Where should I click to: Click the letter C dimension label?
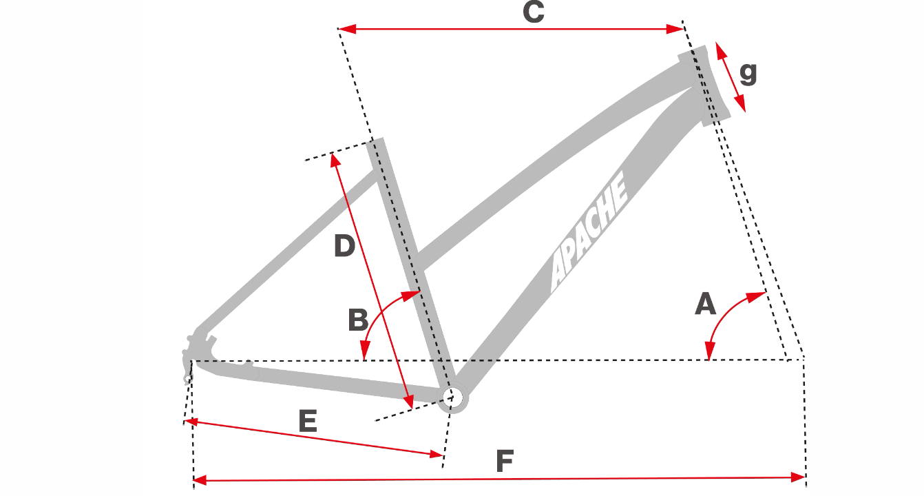(534, 12)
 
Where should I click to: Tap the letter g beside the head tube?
(748, 74)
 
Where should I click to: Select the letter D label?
(344, 245)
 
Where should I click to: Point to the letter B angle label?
(357, 320)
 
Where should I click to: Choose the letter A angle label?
(705, 303)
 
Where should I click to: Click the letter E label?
(308, 420)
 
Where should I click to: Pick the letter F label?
(505, 461)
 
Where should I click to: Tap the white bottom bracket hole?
(452, 397)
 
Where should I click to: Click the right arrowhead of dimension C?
(675, 29)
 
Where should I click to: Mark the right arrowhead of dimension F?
(797, 478)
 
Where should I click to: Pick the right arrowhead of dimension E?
(436, 455)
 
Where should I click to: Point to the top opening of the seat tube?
(375, 141)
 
